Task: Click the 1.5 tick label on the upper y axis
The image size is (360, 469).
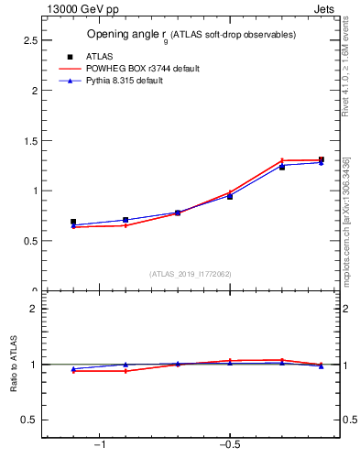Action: click(30, 141)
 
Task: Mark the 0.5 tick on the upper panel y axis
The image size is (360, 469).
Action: click(30, 241)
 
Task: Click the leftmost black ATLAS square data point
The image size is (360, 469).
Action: click(73, 222)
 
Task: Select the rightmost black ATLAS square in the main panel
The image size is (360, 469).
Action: click(321, 159)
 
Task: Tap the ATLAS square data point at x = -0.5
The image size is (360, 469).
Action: click(230, 197)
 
